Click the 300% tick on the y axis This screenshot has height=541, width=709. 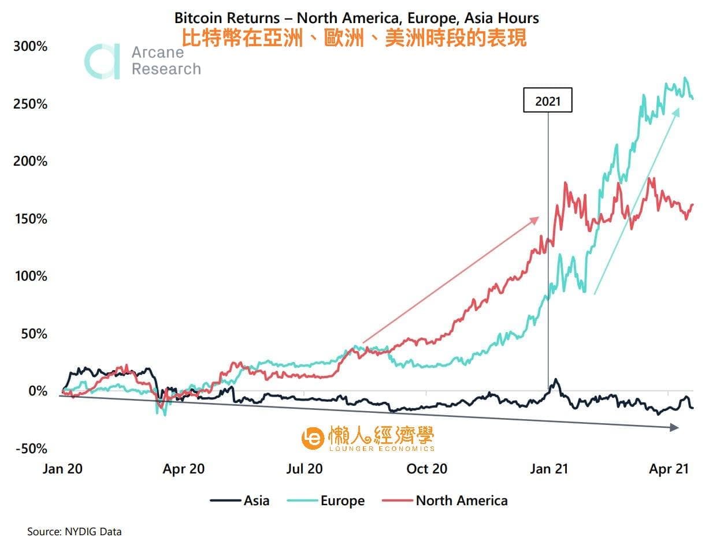tap(29, 46)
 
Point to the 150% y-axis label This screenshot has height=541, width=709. tap(29, 219)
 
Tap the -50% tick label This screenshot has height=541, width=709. tap(29, 449)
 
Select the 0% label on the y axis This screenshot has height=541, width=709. tap(36, 391)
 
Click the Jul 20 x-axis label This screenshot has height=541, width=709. tap(304, 469)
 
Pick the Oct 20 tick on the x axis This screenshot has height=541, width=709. tap(426, 469)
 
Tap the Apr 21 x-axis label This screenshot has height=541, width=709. tap(669, 469)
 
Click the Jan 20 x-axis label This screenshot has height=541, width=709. tap(62, 469)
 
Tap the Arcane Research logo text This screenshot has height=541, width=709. tap(165, 61)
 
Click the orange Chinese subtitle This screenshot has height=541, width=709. tap(354, 38)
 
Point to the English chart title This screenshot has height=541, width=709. tap(357, 18)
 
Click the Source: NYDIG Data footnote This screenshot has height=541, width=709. tap(75, 531)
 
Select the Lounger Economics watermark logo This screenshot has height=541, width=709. tap(368, 439)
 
